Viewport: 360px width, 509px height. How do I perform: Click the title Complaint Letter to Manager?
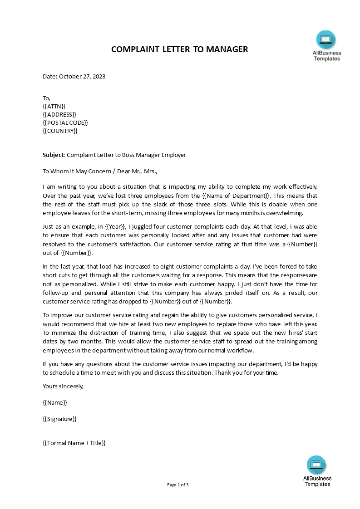tap(179, 49)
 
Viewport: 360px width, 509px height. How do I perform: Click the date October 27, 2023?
tap(82, 77)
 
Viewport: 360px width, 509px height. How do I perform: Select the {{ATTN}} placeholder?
tap(54, 106)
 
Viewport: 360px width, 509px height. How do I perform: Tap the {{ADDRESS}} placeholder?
tap(59, 114)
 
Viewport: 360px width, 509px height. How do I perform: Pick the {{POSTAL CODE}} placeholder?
tap(65, 122)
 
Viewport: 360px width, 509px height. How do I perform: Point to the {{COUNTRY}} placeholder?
tap(60, 131)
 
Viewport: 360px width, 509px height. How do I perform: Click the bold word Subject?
tap(54, 155)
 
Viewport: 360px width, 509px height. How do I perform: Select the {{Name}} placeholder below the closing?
tap(55, 403)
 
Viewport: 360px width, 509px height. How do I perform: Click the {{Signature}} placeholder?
tap(60, 419)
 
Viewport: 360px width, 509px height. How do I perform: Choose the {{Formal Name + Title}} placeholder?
tap(74, 443)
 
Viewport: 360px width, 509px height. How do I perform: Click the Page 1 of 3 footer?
tap(178, 485)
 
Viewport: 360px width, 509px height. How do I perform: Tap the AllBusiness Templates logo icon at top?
tap(326, 40)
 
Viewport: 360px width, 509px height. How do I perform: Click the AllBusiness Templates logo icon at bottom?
tap(316, 465)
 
